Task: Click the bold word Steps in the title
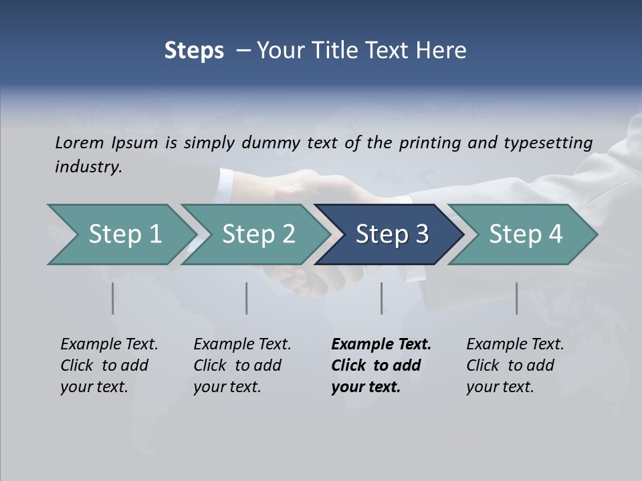pyautogui.click(x=194, y=51)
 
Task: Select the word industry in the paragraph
pyautogui.click(x=88, y=167)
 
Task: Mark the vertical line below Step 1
pyautogui.click(x=113, y=298)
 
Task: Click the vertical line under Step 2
pyautogui.click(x=247, y=298)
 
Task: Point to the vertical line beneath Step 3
pyautogui.click(x=382, y=298)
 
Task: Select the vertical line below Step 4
pyautogui.click(x=517, y=298)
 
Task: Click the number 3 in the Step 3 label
pyautogui.click(x=421, y=234)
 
